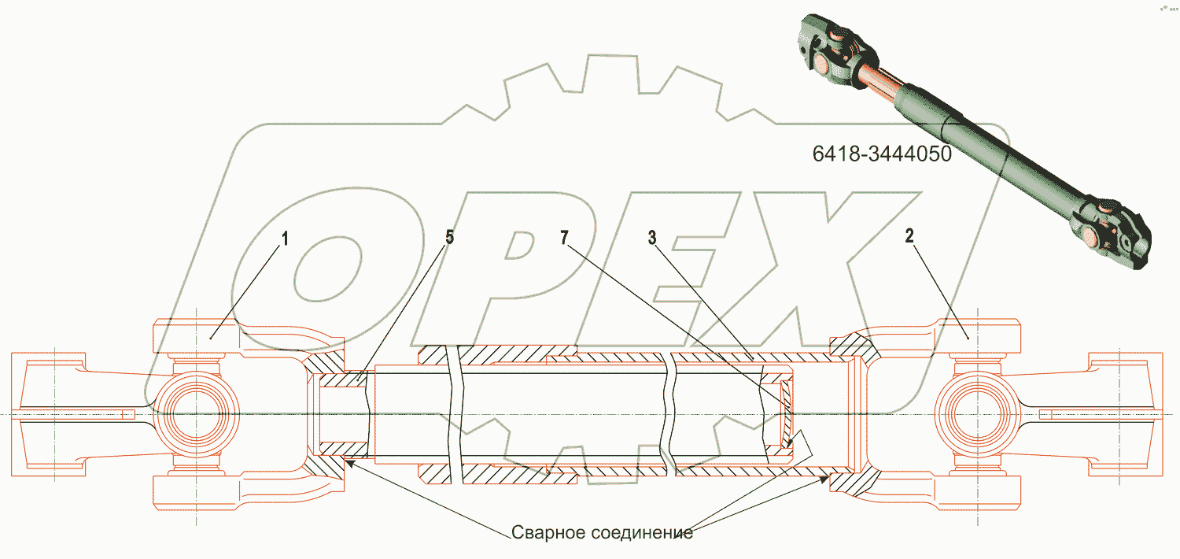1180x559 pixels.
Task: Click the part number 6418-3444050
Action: coord(882,154)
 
